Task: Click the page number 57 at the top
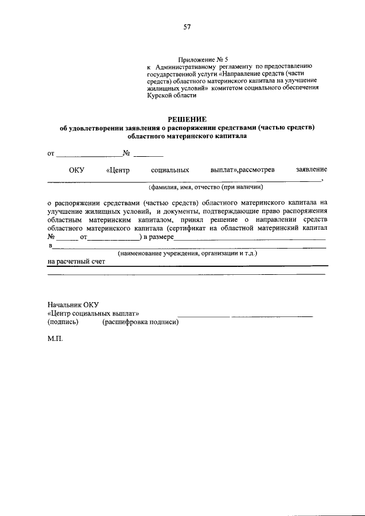click(187, 26)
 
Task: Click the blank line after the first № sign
click(148, 155)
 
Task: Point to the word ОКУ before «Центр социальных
click(76, 170)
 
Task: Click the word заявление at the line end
click(311, 170)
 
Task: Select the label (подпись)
click(63, 322)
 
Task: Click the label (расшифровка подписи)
click(140, 322)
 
